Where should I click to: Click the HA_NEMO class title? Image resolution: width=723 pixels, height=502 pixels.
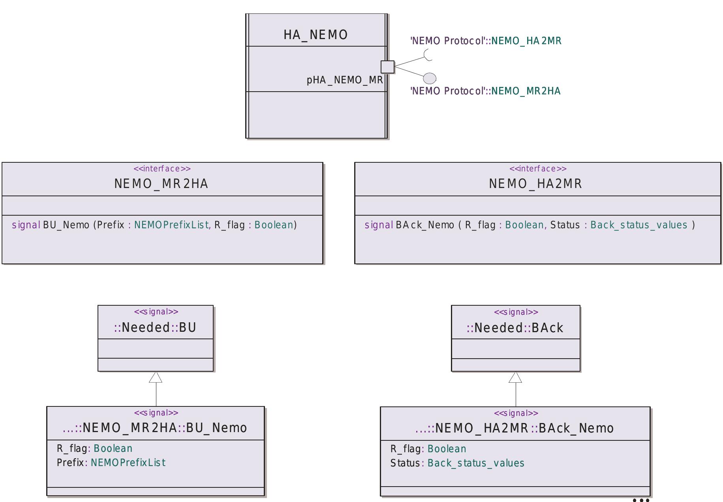(x=315, y=35)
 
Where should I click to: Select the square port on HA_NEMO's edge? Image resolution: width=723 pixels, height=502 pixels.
(x=387, y=67)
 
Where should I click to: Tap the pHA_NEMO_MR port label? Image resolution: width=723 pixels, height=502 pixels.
(x=344, y=80)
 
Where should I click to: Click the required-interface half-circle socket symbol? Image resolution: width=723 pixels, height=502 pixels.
(x=428, y=55)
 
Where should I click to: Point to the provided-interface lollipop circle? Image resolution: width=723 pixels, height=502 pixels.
(x=430, y=78)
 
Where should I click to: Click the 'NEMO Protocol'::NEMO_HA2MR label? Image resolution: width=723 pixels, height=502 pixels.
(x=486, y=41)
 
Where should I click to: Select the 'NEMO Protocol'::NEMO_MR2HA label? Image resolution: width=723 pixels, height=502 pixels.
(x=485, y=91)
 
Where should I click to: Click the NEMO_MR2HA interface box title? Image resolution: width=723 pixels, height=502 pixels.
(x=161, y=184)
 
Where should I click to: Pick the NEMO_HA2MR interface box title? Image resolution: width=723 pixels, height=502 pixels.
(x=535, y=184)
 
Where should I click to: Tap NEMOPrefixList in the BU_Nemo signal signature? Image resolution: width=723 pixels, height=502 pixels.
(x=171, y=225)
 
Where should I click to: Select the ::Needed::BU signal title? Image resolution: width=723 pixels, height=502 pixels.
(x=155, y=327)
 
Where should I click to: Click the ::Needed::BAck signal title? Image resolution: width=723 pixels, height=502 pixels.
(x=515, y=328)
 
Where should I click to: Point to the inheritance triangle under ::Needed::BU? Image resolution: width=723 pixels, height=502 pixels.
(x=156, y=378)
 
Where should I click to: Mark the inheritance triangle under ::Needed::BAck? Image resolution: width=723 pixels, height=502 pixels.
(x=515, y=378)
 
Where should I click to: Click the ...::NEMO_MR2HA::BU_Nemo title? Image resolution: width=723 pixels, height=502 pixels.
(x=155, y=428)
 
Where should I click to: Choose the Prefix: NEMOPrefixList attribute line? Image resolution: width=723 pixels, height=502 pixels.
(x=111, y=463)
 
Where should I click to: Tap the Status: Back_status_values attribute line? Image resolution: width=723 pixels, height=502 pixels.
(x=457, y=463)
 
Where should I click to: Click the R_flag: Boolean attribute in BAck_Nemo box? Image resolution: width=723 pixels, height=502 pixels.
(x=428, y=449)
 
